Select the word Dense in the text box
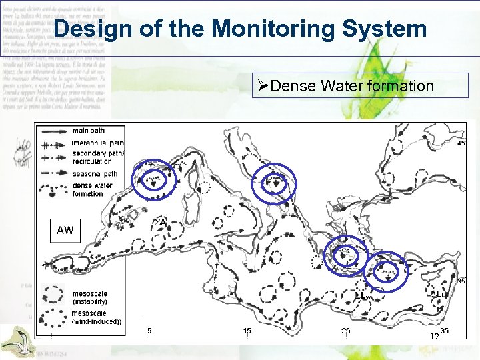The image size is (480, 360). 294,86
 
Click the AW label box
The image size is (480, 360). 65,230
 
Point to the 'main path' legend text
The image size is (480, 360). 89,131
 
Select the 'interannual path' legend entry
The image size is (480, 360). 97,143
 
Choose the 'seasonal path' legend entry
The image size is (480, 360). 95,174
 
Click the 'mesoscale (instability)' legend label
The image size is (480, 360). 91,297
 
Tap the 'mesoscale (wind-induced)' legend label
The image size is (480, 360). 96,317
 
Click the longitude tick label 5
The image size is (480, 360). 149,331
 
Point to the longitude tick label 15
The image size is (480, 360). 247,331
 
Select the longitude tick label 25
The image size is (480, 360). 345,331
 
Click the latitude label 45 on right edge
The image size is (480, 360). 461,143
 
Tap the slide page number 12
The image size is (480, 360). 434,337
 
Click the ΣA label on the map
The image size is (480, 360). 160,222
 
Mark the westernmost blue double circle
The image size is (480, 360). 155,180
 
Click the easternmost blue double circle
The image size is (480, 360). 386,271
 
